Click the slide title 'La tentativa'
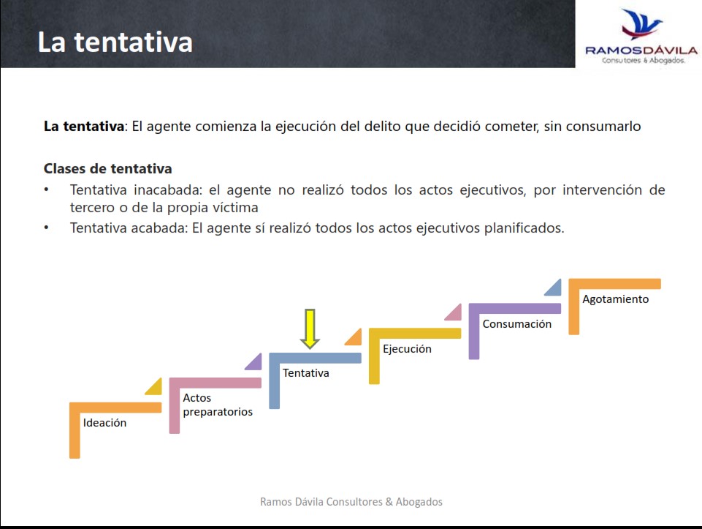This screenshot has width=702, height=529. click(115, 42)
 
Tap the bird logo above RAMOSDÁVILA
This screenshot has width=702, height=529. click(641, 24)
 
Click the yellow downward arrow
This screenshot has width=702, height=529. click(310, 329)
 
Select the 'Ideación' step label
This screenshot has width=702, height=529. click(104, 422)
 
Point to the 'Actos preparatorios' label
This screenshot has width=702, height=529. click(218, 405)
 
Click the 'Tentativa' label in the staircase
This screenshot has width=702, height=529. click(306, 372)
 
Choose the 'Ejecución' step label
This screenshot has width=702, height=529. click(407, 349)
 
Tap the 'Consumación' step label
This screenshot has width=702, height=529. click(517, 323)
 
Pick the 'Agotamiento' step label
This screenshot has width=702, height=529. click(616, 299)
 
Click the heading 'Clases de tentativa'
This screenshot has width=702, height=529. click(108, 168)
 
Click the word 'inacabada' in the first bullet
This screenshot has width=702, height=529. click(168, 190)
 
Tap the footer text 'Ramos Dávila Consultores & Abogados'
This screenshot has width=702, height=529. click(351, 502)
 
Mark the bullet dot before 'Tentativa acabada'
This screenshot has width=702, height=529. click(47, 228)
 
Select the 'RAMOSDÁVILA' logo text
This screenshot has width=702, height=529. click(641, 50)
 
